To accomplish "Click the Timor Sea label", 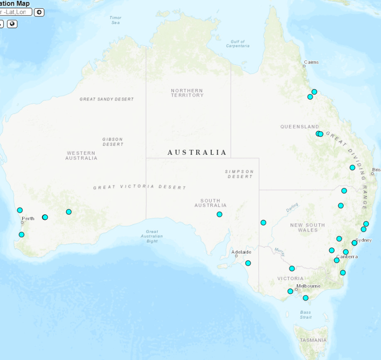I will click(115, 20).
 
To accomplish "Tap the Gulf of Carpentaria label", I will click(238, 44).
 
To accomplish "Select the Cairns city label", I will click(311, 62).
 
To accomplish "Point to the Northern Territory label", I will click(187, 93).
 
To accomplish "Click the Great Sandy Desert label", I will click(107, 99).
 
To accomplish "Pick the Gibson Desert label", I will click(113, 142).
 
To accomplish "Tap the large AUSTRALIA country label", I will click(197, 153).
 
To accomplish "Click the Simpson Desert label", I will click(239, 174).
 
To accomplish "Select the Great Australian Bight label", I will click(152, 236).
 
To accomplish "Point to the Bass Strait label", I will click(306, 315).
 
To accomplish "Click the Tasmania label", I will click(313, 340).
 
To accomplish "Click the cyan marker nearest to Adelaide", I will click(248, 263).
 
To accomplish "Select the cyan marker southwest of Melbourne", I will click(290, 291).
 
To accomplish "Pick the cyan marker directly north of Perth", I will click(20, 210).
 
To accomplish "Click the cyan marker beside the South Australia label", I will click(219, 214).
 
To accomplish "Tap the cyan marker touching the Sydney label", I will click(354, 243).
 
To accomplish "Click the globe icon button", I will click(12, 24).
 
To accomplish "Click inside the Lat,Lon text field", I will click(16, 12).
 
